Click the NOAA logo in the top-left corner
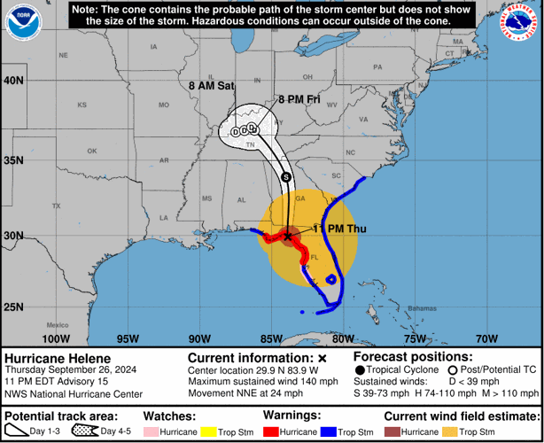[23, 24]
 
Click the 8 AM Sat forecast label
[212, 86]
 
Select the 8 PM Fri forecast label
[299, 99]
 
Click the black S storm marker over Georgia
[285, 177]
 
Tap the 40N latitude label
[15, 80]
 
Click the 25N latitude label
[15, 307]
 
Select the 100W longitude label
[55, 338]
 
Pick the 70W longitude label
[486, 338]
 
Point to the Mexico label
[58, 324]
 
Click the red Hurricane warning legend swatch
[271, 431]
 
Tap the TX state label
[57, 206]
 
